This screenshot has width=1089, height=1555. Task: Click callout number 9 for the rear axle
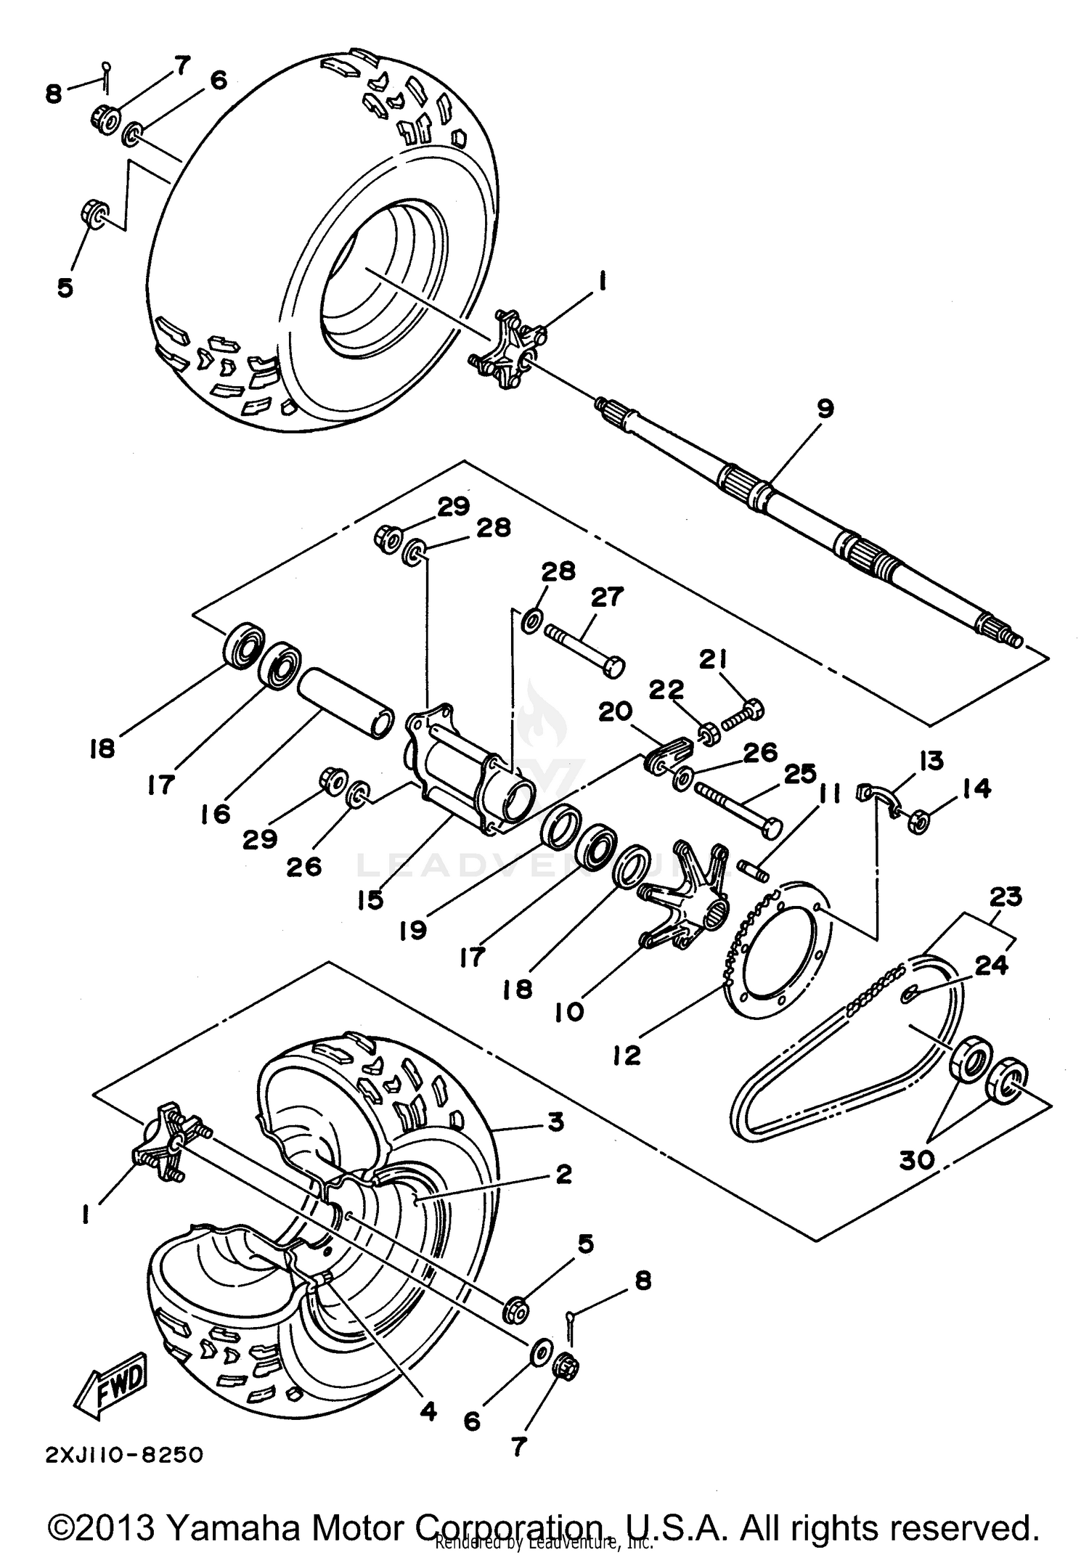(825, 408)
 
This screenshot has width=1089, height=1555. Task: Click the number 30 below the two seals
(918, 1160)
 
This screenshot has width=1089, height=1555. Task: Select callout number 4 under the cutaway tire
(428, 1412)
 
